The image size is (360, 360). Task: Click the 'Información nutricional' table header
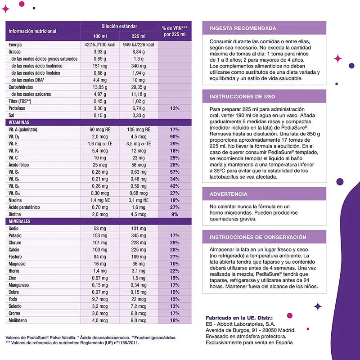pyautogui.click(x=32, y=31)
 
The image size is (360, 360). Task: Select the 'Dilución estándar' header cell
pyautogui.click(x=119, y=27)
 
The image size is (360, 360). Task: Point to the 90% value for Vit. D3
pyautogui.click(x=175, y=136)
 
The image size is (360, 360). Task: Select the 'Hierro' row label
pyautogui.click(x=14, y=270)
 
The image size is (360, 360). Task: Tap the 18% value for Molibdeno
pyautogui.click(x=175, y=320)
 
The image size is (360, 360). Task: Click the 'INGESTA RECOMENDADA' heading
pyautogui.click(x=243, y=28)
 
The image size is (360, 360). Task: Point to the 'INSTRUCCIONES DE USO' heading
pyautogui.click(x=243, y=97)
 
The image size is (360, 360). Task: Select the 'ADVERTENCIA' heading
pyautogui.click(x=229, y=194)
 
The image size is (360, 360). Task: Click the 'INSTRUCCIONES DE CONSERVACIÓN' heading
pyautogui.click(x=258, y=237)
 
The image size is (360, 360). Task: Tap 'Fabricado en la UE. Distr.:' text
pyautogui.click(x=239, y=318)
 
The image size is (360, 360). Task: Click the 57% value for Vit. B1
pyautogui.click(x=175, y=172)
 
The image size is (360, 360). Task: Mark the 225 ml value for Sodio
pyautogui.click(x=139, y=229)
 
